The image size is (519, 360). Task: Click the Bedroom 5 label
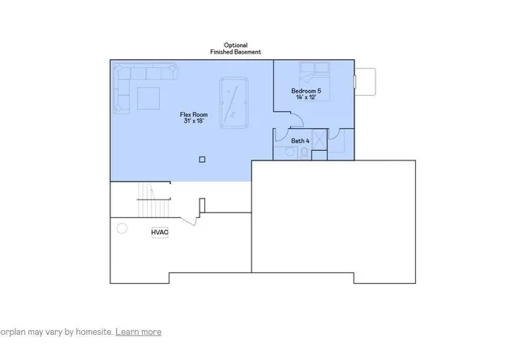pos(307,91)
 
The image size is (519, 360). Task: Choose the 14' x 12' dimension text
pos(307,97)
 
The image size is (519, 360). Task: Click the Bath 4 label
pos(299,141)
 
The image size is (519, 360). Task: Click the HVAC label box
pos(159,234)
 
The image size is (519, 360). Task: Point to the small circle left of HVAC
pos(122,228)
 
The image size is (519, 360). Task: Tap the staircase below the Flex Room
pos(146,199)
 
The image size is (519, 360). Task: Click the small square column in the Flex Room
pos(202,159)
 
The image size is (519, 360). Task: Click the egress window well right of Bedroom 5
pos(366,80)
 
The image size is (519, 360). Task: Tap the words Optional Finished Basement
pos(236,49)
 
